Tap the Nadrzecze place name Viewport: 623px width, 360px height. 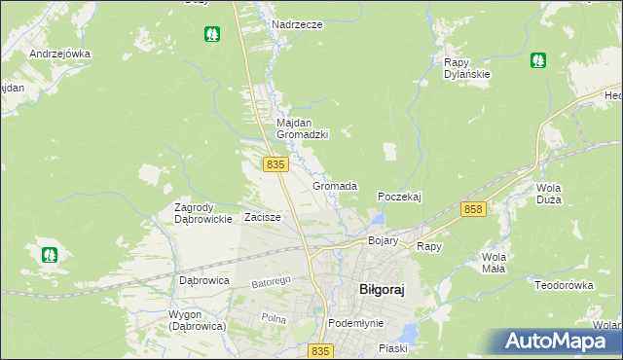297,24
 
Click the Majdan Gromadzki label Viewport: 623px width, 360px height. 302,128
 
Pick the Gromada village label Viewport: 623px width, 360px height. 335,185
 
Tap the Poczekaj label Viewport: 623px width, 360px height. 399,196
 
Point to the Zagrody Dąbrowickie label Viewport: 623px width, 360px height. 202,213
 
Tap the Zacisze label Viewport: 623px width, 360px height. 263,217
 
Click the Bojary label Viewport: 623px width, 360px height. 384,239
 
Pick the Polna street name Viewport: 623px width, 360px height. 274,318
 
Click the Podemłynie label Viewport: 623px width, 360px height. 356,322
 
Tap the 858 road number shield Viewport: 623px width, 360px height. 474,209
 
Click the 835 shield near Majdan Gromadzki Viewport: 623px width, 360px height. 275,165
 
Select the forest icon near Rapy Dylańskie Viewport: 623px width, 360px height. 538,60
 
